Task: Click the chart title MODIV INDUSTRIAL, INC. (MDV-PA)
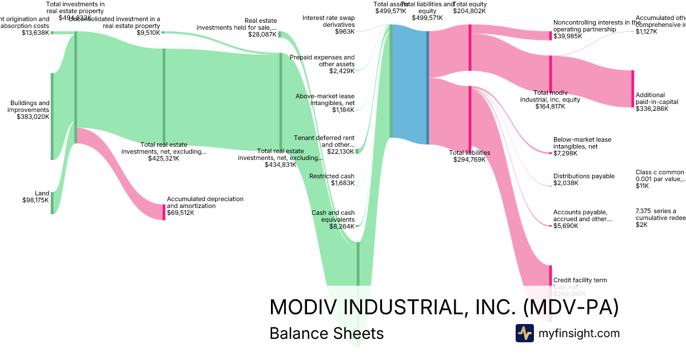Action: (444, 307)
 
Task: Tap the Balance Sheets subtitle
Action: (326, 333)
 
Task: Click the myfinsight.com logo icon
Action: (524, 333)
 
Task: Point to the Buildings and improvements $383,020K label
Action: (29, 110)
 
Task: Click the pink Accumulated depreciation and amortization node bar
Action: (163, 212)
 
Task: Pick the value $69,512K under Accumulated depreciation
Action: (181, 213)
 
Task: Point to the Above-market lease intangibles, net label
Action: (325, 103)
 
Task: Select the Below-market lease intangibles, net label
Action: (582, 146)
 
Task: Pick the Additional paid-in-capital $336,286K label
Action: (652, 102)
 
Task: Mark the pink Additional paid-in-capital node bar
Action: (632, 89)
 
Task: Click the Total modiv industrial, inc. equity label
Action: (550, 99)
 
